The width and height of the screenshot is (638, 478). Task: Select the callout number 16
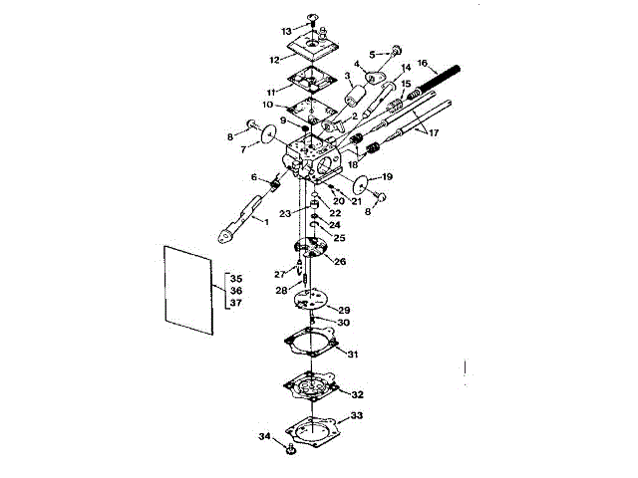[x=422, y=61]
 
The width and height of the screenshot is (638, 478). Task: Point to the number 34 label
[x=263, y=436]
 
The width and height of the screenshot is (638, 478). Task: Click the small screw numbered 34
[x=288, y=449]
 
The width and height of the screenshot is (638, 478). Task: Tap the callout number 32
[x=356, y=394]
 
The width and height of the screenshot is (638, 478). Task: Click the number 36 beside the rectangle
[x=235, y=290]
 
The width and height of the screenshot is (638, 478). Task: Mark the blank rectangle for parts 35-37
[x=188, y=293]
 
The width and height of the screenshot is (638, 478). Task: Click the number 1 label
[x=265, y=221]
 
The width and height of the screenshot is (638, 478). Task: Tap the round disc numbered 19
[x=368, y=186]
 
